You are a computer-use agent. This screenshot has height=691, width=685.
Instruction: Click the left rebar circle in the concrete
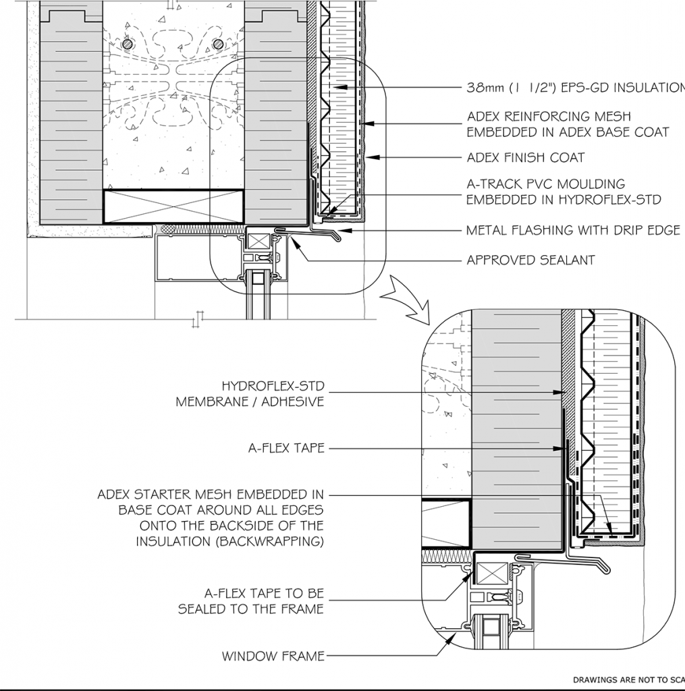[x=128, y=44]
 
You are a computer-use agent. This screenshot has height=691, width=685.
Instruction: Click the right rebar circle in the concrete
[x=218, y=44]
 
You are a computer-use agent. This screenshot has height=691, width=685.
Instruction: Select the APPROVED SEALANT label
[x=530, y=260]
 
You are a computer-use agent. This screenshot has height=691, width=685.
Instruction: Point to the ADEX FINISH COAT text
[x=526, y=157]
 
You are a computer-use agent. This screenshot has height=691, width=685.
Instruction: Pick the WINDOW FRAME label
[x=273, y=656]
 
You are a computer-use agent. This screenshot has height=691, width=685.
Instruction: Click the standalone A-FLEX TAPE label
[x=287, y=448]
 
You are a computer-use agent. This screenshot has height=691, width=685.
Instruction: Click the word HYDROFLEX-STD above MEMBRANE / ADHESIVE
[x=273, y=386]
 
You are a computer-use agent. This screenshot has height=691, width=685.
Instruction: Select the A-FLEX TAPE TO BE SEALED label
[x=251, y=601]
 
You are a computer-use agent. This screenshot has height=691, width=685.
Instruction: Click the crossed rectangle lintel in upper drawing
[x=173, y=206]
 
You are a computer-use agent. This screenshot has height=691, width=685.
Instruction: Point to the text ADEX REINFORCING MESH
[x=549, y=116]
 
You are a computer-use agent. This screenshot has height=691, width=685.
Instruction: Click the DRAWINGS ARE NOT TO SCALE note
[x=629, y=679]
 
